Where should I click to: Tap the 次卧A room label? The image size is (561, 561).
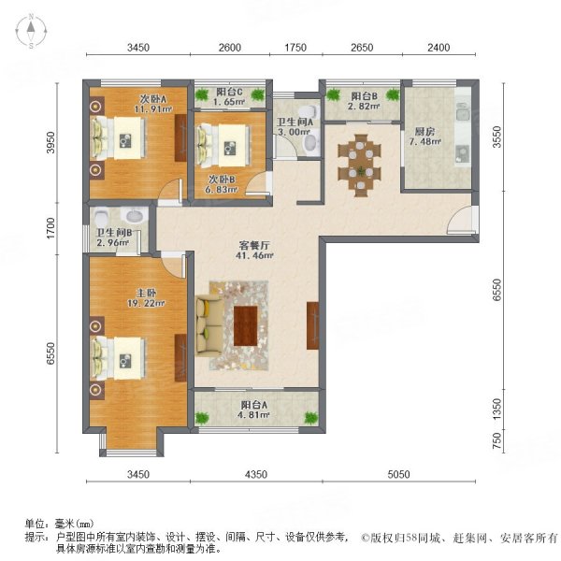153,99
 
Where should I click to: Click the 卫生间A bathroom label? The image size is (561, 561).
295,122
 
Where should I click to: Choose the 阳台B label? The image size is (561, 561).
364,96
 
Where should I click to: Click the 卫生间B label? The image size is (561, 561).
116,236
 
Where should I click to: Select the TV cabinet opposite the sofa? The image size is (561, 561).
311,324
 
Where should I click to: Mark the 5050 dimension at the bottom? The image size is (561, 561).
398,475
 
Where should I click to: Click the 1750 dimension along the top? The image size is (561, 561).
295,48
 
